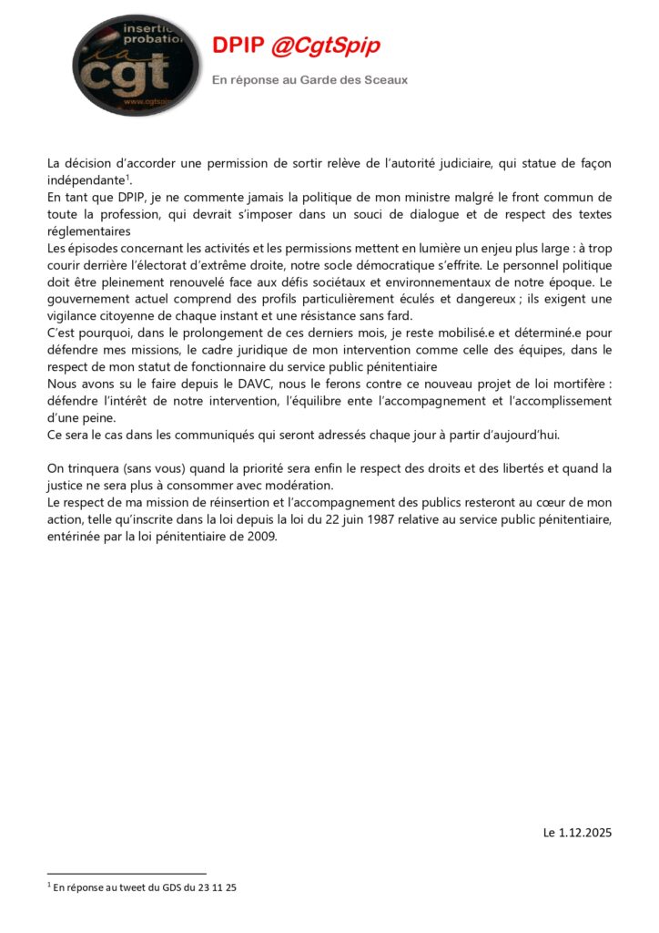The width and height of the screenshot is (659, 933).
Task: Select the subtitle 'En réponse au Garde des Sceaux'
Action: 309,80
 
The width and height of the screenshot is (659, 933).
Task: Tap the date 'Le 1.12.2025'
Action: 577,832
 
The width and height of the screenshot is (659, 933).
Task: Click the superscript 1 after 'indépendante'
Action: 128,177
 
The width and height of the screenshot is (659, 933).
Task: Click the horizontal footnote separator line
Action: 127,874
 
